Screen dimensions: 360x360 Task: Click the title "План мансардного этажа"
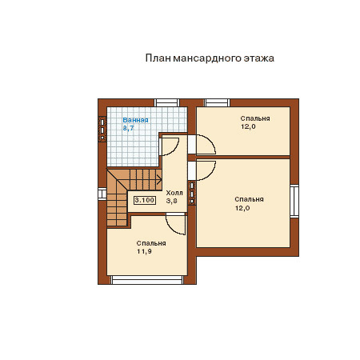coord(210,58)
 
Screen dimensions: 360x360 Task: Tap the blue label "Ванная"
coord(135,120)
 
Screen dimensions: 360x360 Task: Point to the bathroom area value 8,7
coord(129,128)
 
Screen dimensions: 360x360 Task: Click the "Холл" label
coord(174,193)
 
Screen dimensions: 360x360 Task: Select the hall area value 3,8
coord(172,201)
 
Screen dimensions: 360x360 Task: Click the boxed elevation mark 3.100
coord(145,200)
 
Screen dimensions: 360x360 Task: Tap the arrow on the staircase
coord(159,179)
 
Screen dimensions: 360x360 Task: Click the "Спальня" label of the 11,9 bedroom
coord(151,243)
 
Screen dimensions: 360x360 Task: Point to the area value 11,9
coord(144,251)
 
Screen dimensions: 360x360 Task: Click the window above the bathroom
coord(167,102)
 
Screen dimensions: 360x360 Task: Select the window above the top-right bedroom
coord(217,102)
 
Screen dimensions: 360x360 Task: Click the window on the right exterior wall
coord(294,201)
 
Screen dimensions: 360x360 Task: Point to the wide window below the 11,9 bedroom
coord(147,280)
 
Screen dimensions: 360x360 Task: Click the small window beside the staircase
coord(102,194)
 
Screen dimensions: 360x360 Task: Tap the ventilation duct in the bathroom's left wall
coord(102,130)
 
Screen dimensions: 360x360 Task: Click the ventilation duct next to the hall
coord(192,193)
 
